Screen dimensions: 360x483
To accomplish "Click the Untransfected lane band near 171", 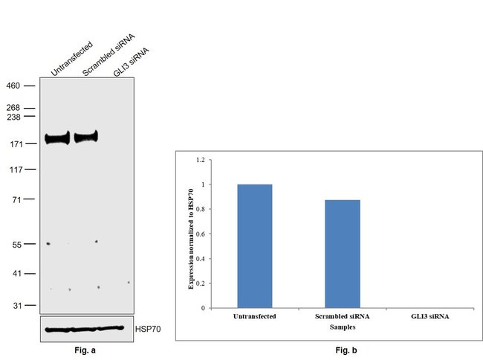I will [x=56, y=138].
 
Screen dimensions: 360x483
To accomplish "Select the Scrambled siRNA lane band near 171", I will [x=86, y=137].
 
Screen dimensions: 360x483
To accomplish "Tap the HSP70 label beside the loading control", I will [x=149, y=327].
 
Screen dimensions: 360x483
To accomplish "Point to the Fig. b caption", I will [x=342, y=350].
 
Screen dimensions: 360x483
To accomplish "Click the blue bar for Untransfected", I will [x=254, y=245].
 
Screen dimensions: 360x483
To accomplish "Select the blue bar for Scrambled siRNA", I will [x=342, y=253].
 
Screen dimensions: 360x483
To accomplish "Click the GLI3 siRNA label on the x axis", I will [x=430, y=316].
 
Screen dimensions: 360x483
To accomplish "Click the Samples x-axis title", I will [x=342, y=326].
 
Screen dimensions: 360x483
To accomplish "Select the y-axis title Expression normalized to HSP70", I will [x=190, y=234].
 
